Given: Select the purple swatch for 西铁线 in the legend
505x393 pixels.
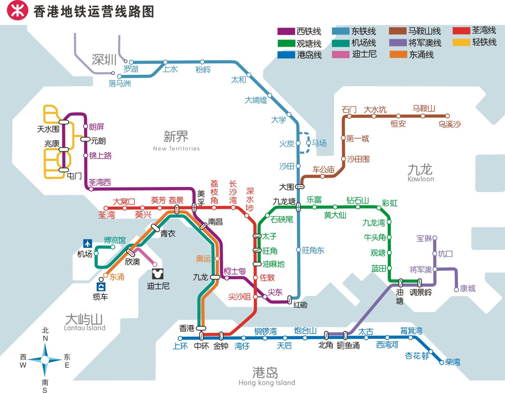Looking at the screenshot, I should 286,31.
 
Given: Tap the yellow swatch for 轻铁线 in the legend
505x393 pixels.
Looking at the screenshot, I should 461,42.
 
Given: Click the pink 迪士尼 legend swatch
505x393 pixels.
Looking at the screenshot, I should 340,55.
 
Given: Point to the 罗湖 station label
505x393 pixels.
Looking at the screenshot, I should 131,69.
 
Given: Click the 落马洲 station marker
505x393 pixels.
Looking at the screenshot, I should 120,76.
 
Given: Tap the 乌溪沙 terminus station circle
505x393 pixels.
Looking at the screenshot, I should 447,116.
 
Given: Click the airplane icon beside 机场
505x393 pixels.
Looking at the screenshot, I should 88,243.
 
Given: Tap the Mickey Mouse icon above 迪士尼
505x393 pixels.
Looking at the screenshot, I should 157,274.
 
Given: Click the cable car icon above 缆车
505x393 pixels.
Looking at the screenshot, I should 101,287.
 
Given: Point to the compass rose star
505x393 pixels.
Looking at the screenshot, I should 45,360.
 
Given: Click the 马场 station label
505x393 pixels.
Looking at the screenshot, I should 319,143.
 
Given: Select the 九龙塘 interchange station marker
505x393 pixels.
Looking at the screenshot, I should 298,207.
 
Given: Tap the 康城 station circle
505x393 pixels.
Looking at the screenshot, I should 456,290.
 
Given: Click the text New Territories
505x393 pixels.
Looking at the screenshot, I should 176,149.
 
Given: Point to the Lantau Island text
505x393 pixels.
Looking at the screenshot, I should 84,328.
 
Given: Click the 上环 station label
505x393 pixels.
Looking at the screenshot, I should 180,346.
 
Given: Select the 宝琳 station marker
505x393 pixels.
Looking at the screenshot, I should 435,238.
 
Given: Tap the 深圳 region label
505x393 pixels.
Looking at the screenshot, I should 104,60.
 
